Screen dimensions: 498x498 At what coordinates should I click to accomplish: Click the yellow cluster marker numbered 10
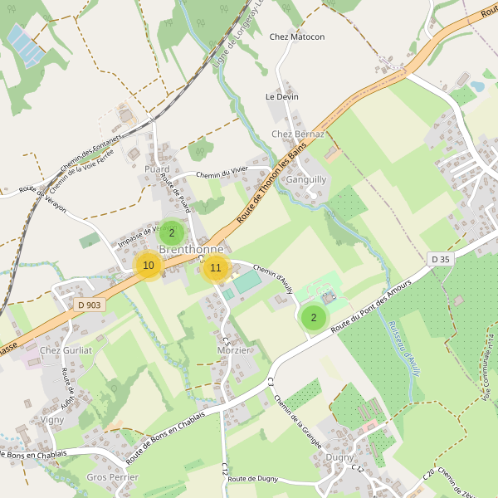coord(149,266)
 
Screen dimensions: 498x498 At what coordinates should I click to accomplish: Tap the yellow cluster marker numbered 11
coord(216,267)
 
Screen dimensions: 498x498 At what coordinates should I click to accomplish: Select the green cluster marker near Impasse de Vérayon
coord(172,233)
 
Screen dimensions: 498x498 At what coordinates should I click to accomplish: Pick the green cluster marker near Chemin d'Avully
coord(313,316)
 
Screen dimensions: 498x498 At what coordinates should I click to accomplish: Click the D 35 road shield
coord(441,260)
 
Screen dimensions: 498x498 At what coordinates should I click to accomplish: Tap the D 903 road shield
coord(89,305)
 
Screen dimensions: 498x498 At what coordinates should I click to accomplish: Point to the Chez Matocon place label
coord(297,37)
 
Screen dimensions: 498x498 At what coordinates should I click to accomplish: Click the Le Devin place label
coord(281,97)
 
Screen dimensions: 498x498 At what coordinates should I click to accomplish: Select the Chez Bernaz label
coord(298,134)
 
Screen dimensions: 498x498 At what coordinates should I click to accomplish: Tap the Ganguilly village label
coord(306,179)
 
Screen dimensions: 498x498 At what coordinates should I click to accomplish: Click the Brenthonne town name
coord(191,249)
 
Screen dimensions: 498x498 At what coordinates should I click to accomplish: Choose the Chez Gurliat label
coord(66,350)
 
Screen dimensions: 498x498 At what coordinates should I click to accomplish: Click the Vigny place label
coord(51,420)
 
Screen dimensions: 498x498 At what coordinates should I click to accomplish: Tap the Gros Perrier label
coord(112,477)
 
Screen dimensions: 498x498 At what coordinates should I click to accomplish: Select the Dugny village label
coord(339,457)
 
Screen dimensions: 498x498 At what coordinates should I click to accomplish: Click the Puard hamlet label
coord(157,169)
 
